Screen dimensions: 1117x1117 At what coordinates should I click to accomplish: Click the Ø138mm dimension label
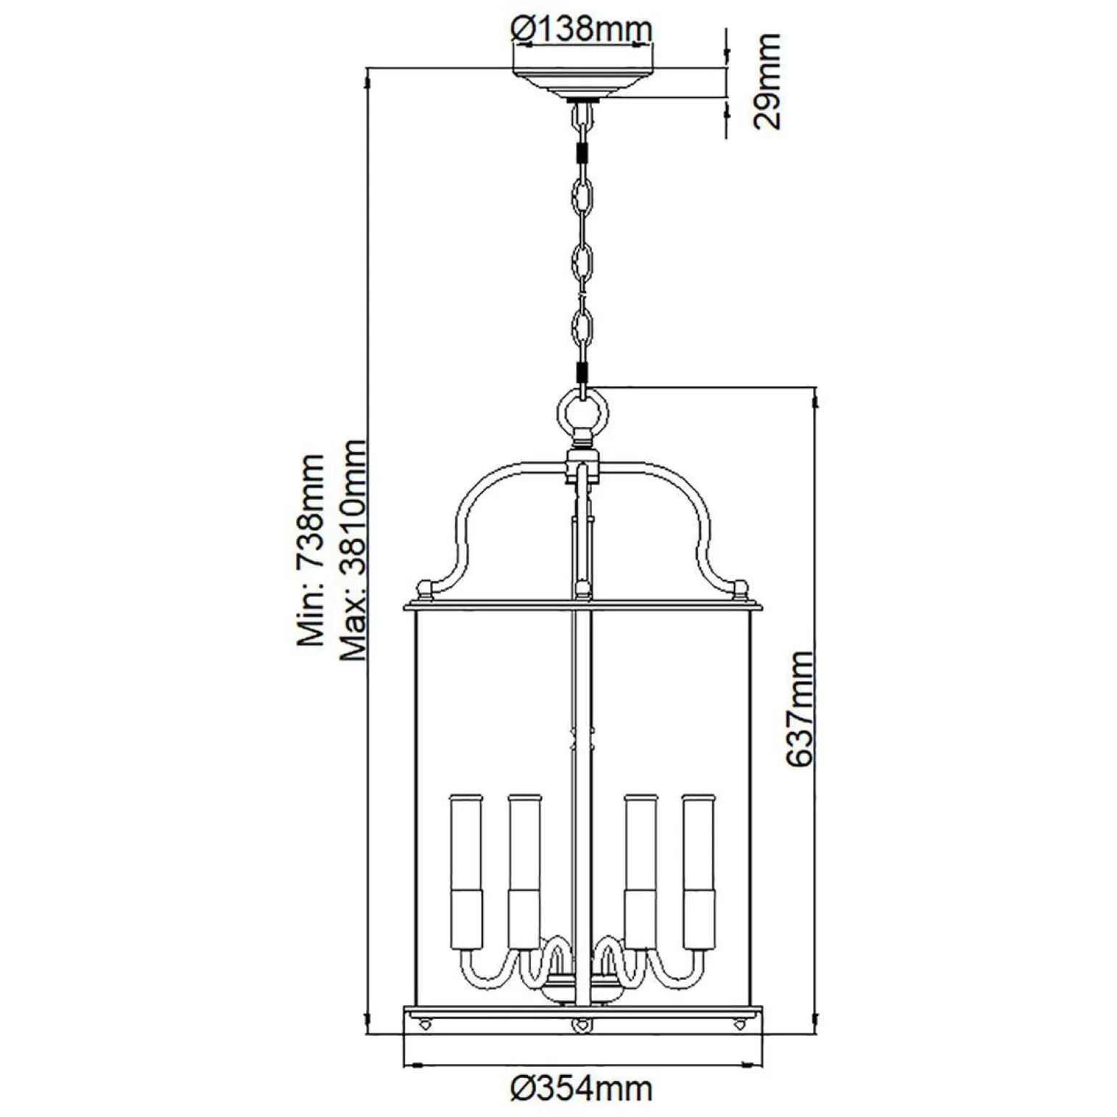(x=582, y=29)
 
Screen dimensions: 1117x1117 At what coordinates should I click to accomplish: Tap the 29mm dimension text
(x=767, y=81)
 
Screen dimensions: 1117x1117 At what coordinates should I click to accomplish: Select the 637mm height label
(x=800, y=708)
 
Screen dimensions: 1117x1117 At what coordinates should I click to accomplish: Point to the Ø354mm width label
(x=582, y=1088)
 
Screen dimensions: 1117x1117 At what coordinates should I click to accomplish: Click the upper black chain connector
(x=582, y=154)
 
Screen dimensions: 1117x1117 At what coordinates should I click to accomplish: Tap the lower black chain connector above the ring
(x=582, y=372)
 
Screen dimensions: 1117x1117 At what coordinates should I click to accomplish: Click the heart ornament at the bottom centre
(x=581, y=1026)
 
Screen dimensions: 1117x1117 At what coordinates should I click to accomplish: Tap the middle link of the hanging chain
(x=582, y=261)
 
